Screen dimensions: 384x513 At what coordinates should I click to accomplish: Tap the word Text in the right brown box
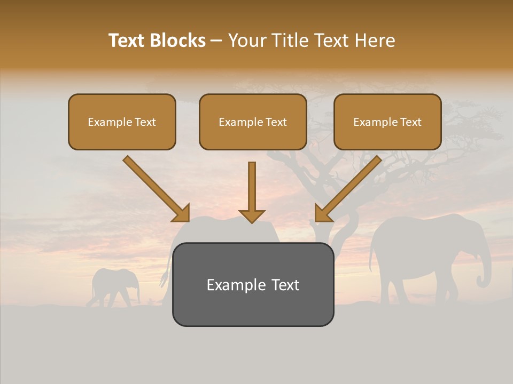pyautogui.click(x=411, y=122)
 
